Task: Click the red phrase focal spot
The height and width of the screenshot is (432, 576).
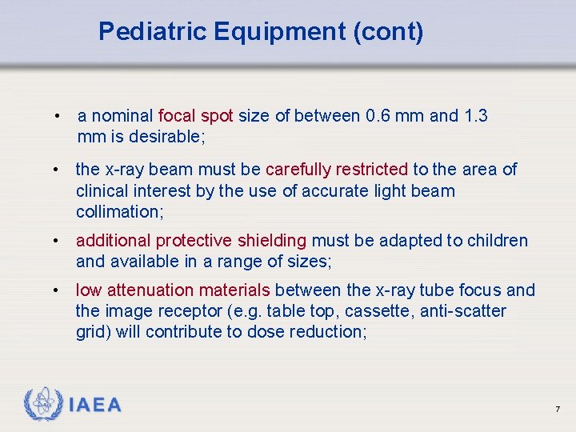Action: (x=196, y=116)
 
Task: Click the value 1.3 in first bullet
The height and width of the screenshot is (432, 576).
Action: (x=475, y=116)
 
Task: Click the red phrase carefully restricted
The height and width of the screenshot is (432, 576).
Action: (x=336, y=170)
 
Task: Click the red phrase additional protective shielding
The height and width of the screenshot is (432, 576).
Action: (x=191, y=241)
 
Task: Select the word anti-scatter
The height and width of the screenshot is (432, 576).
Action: (x=468, y=311)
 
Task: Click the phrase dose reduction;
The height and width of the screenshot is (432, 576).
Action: (x=313, y=332)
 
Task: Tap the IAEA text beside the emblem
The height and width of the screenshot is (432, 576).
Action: (x=95, y=406)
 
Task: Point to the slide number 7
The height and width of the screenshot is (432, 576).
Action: (x=557, y=410)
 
